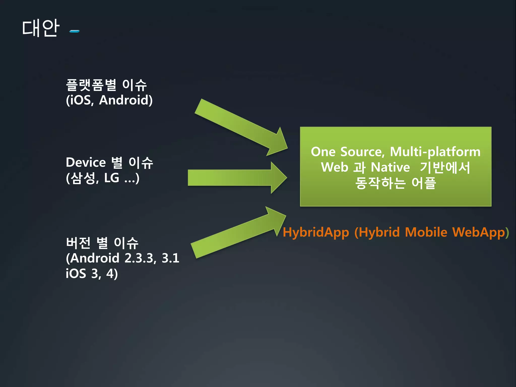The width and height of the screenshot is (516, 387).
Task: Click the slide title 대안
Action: (41, 28)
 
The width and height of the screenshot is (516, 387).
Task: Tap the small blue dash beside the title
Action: (75, 31)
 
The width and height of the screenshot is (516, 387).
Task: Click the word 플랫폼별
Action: (91, 85)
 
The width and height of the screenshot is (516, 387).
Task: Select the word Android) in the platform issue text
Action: (126, 100)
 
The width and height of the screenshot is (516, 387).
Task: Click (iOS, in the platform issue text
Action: (80, 100)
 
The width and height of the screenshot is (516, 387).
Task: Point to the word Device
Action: (86, 163)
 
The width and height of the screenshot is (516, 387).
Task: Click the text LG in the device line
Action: (112, 178)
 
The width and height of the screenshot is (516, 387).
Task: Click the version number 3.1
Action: (170, 258)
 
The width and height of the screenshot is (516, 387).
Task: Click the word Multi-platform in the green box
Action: (435, 152)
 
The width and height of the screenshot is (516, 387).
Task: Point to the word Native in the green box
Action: (390, 167)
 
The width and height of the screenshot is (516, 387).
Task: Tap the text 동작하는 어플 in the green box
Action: (395, 183)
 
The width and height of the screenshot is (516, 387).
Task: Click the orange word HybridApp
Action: (316, 232)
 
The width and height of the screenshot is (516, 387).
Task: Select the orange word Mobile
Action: (426, 232)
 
